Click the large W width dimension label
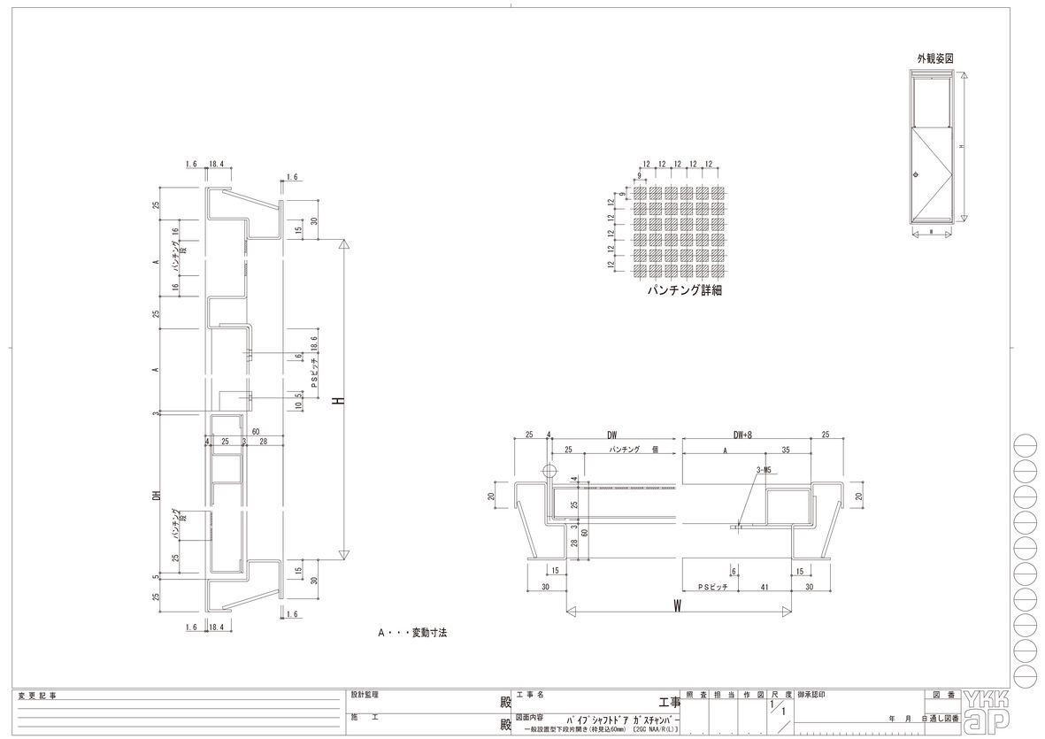tap(677, 605)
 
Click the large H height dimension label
tap(337, 400)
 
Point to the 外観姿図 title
tap(935, 58)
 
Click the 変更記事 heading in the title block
tap(37, 697)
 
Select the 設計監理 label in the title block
tap(365, 696)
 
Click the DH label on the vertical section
tap(156, 497)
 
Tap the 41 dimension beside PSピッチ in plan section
tap(762, 587)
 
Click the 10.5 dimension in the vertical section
tap(299, 400)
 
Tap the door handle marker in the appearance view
tap(918, 173)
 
